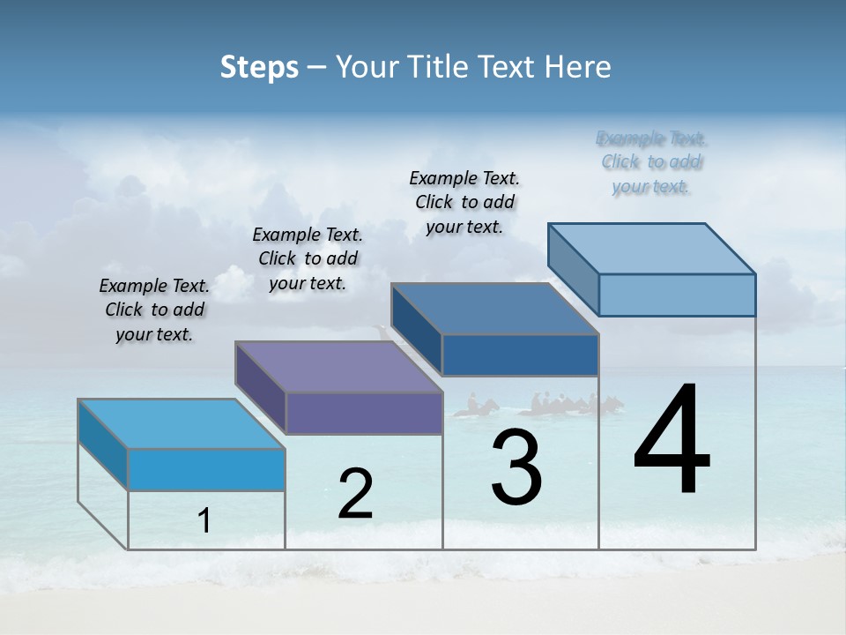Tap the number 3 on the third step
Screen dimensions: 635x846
(x=516, y=467)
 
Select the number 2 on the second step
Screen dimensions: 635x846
(x=355, y=494)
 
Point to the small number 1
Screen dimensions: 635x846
(x=204, y=521)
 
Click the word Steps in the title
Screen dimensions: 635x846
(x=259, y=67)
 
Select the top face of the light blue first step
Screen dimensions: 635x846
(x=182, y=424)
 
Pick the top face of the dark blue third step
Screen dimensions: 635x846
(x=495, y=309)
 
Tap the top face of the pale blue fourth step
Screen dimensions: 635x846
(x=652, y=249)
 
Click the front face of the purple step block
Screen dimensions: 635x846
(x=364, y=413)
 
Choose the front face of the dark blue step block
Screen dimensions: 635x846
(x=520, y=355)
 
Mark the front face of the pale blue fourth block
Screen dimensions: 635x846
(x=677, y=295)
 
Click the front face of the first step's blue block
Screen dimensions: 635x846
(x=206, y=469)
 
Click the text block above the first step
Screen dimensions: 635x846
(x=154, y=310)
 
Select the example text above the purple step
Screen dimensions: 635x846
(x=308, y=258)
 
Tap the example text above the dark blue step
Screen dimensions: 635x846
(x=464, y=202)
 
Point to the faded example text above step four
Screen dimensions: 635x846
(x=651, y=162)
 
